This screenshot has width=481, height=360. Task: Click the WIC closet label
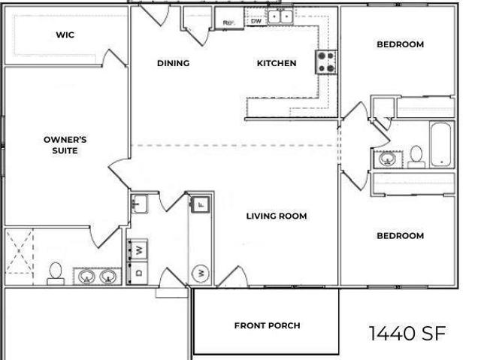tap(65, 35)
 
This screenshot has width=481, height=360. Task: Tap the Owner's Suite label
tap(65, 145)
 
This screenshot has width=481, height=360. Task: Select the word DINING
tap(174, 63)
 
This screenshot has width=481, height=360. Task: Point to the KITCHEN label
tap(277, 63)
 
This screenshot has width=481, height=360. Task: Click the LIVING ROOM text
tap(277, 216)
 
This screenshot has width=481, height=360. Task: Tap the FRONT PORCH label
tap(268, 325)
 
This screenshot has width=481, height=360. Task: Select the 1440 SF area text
tap(407, 334)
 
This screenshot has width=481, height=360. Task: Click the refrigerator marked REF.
tap(229, 18)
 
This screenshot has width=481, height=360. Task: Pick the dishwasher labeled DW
tap(256, 21)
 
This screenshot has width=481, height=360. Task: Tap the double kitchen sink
tap(280, 17)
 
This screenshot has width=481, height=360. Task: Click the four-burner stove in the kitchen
tap(326, 62)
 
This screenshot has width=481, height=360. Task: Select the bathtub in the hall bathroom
tap(441, 144)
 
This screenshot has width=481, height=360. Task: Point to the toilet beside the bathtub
tap(416, 156)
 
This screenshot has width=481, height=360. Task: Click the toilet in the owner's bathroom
tap(56, 274)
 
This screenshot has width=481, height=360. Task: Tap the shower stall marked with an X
tap(19, 252)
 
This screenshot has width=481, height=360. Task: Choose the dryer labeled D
tap(138, 273)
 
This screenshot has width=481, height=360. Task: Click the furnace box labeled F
tap(201, 204)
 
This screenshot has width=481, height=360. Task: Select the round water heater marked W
tap(201, 274)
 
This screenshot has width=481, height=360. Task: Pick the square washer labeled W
tap(138, 250)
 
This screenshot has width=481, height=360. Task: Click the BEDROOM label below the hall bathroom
tap(401, 235)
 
